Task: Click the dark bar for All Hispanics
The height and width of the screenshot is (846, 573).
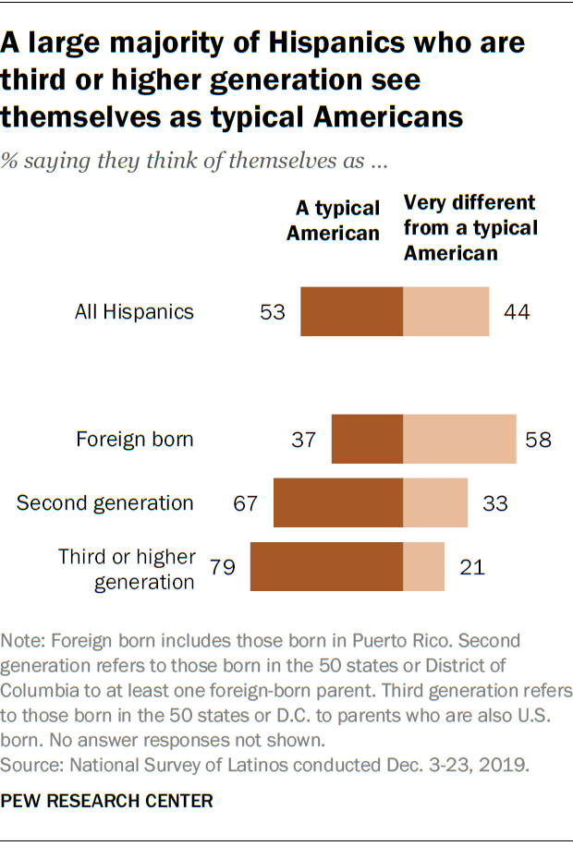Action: pos(352,311)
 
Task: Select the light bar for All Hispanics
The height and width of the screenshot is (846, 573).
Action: pos(445,311)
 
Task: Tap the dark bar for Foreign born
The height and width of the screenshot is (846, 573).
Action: pos(367,439)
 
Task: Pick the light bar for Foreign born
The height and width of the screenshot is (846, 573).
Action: pos(459,439)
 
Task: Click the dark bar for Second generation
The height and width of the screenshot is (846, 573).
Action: pos(338,502)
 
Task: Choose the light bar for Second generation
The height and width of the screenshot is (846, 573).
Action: pos(435,502)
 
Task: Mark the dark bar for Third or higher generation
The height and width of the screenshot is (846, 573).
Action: pos(326,566)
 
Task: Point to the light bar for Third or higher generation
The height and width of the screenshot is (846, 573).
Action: pos(423,566)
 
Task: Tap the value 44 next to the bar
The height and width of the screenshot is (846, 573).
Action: pos(516,312)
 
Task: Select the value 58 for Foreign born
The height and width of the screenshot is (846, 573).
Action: pos(538,440)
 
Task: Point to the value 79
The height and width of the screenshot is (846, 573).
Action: pos(224,567)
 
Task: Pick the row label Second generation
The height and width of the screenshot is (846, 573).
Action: pos(105,503)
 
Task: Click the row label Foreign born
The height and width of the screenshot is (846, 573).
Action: pos(135,440)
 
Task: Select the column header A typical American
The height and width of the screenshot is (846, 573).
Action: pos(334,221)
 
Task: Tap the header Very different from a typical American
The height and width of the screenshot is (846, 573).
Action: pos(469,226)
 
